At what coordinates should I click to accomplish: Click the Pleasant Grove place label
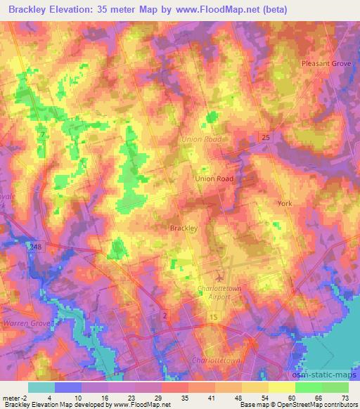326,63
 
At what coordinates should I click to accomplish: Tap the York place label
284,203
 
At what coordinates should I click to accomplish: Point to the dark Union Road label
214,178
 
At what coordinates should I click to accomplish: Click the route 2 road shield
164,316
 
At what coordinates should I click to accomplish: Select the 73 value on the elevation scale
345,397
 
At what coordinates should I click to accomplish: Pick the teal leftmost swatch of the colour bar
41,387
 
